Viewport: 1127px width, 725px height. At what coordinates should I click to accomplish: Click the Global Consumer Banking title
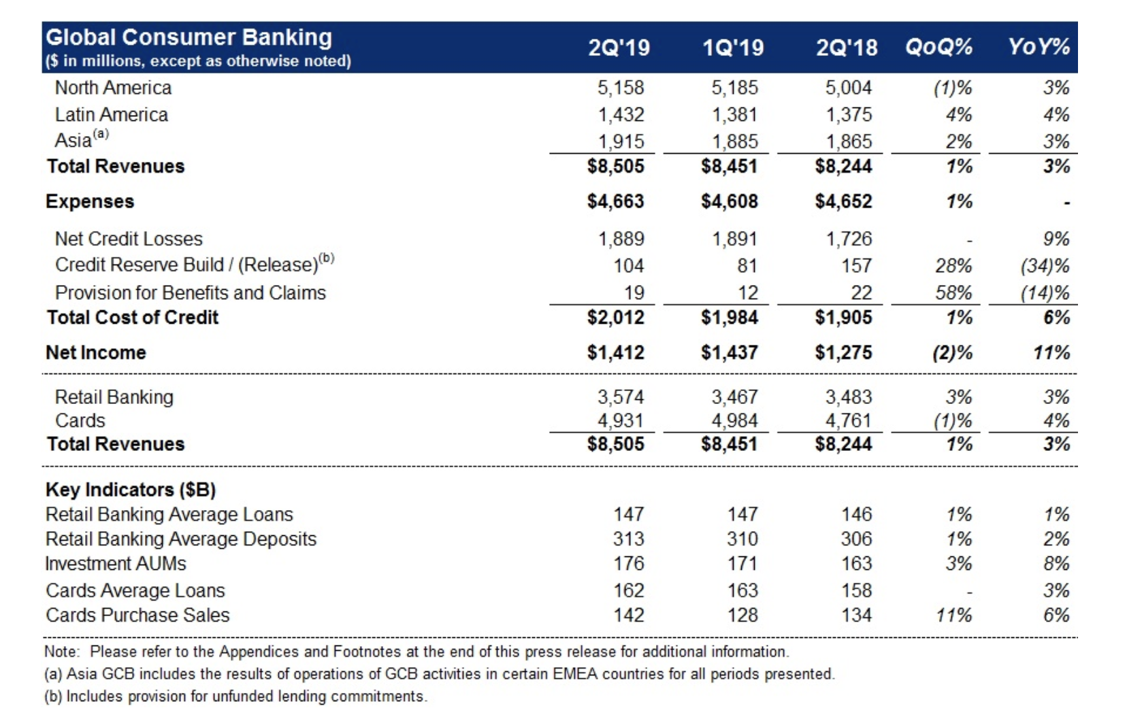tap(189, 37)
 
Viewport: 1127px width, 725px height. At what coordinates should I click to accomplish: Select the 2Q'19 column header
tap(619, 48)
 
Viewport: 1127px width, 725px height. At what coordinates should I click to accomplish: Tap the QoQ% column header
tap(939, 47)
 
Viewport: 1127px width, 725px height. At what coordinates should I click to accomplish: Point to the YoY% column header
tap(1039, 47)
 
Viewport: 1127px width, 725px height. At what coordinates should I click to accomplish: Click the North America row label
tap(113, 88)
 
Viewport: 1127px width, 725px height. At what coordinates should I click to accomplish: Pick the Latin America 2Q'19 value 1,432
tap(621, 115)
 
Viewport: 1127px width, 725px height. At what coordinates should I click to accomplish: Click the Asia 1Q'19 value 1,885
tap(734, 141)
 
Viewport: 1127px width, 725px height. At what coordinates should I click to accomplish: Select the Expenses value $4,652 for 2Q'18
tap(844, 201)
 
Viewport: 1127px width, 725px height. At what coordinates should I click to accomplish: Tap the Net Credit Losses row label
tap(129, 239)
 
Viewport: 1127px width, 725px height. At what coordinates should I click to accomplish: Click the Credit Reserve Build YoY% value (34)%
tap(1045, 265)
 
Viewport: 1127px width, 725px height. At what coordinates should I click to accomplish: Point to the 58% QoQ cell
tap(953, 292)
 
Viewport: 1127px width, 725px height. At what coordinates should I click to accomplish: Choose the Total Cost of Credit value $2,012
tap(616, 318)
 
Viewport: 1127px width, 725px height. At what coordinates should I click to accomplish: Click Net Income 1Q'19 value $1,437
tap(730, 353)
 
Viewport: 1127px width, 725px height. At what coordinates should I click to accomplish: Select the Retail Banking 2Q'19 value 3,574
tap(621, 397)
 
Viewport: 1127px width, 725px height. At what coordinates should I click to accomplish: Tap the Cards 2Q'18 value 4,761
tap(849, 421)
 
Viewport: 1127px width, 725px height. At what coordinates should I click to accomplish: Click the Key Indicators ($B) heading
tap(131, 490)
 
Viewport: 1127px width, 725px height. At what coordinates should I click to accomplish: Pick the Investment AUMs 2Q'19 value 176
tap(629, 564)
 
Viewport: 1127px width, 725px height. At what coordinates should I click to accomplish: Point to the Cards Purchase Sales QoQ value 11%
tap(954, 616)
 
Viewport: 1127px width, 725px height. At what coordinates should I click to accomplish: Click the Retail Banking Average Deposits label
tap(181, 539)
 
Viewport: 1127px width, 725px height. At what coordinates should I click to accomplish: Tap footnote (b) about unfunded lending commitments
tap(236, 697)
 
